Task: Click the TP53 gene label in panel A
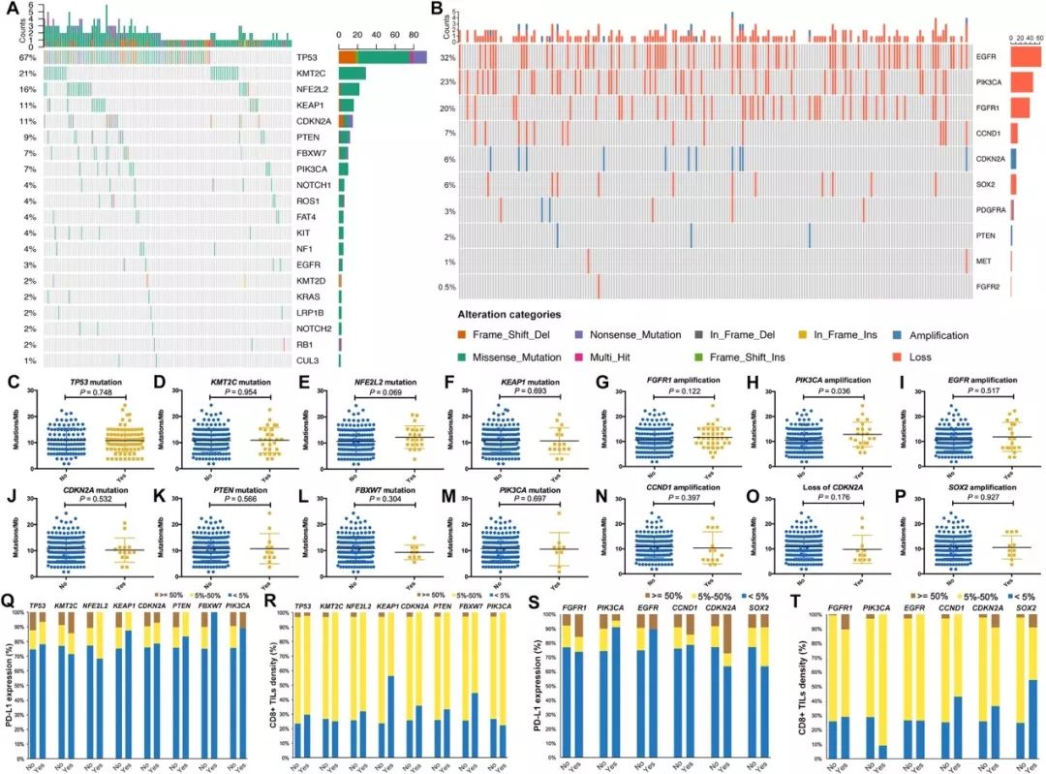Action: tap(308, 58)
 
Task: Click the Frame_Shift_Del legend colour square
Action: tap(463, 335)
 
